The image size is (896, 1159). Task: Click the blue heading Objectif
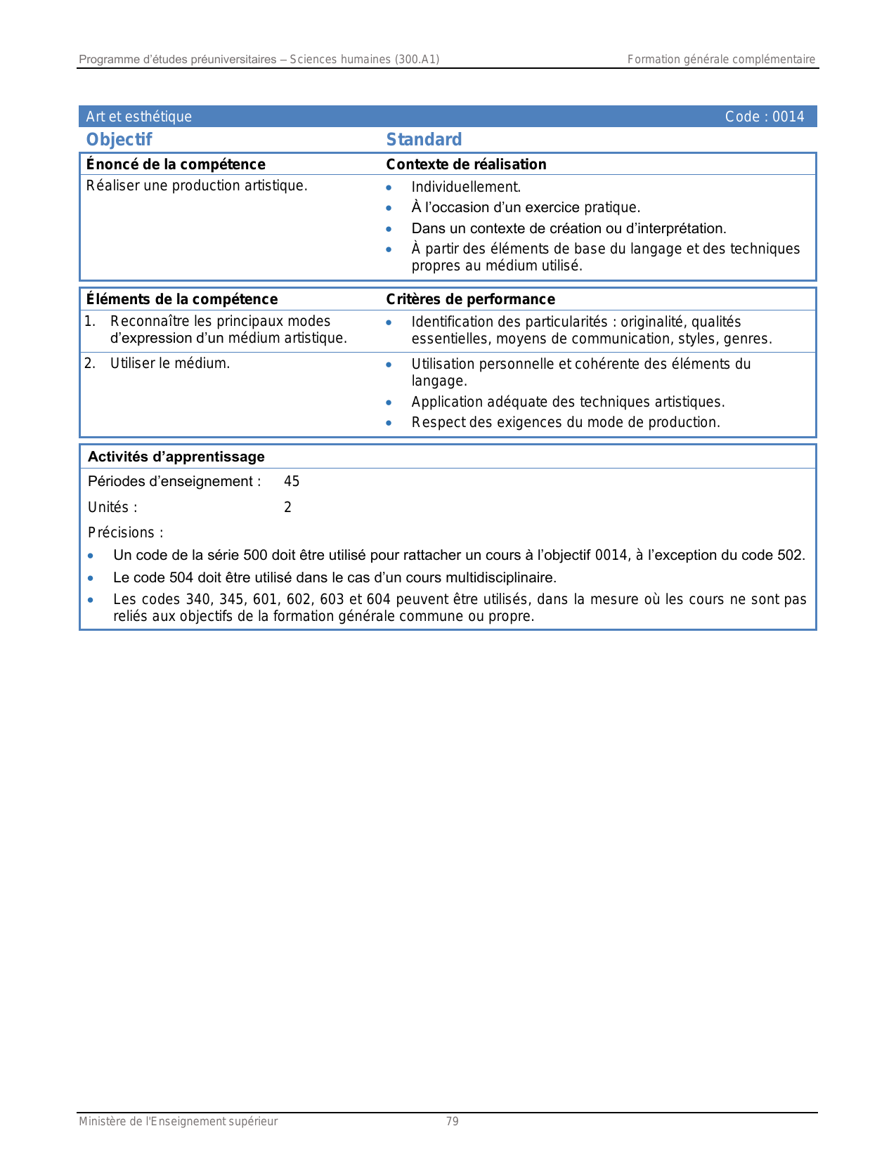[119, 140]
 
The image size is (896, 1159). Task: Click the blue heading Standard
[424, 140]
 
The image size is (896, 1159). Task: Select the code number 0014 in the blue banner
[788, 117]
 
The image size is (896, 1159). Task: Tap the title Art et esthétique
[138, 117]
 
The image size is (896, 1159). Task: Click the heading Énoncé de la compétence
[176, 164]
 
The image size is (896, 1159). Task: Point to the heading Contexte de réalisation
[466, 164]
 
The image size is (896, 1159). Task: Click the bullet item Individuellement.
[466, 187]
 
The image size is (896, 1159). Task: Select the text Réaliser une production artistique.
[197, 185]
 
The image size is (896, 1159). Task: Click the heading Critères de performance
[470, 299]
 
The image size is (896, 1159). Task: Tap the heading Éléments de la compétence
[181, 299]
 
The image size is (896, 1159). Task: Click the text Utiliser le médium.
[170, 363]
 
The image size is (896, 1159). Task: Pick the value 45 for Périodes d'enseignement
[292, 481]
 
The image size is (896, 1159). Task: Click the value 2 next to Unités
[287, 507]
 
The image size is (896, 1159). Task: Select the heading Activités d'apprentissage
[176, 457]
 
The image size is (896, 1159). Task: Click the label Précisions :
[125, 532]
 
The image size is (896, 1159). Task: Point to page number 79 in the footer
[453, 1121]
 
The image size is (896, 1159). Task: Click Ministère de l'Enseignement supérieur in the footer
[178, 1121]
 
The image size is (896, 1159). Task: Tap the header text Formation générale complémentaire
[721, 60]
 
